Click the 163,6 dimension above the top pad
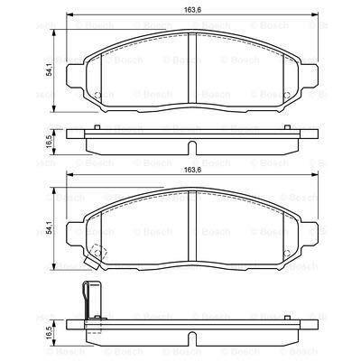192,9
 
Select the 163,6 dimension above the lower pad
192,170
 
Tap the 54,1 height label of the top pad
50,71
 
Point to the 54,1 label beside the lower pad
50,227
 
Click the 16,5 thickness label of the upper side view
50,142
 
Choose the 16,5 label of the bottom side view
50,333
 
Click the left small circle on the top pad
97,95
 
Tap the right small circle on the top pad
287,95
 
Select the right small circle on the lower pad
287,254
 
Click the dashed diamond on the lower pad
98,253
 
